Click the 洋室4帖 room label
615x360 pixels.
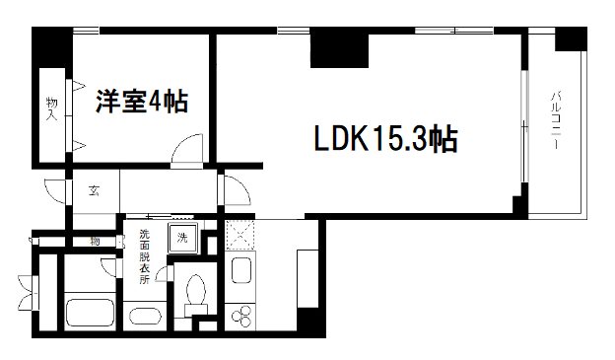[x=142, y=102]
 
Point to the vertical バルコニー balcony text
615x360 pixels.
[x=555, y=119]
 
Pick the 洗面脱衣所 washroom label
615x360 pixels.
[x=144, y=258]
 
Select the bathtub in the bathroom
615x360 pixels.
[x=91, y=315]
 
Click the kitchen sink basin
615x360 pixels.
[x=239, y=272]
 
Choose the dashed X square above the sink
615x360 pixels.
[x=239, y=236]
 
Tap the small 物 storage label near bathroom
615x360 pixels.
[x=96, y=242]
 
